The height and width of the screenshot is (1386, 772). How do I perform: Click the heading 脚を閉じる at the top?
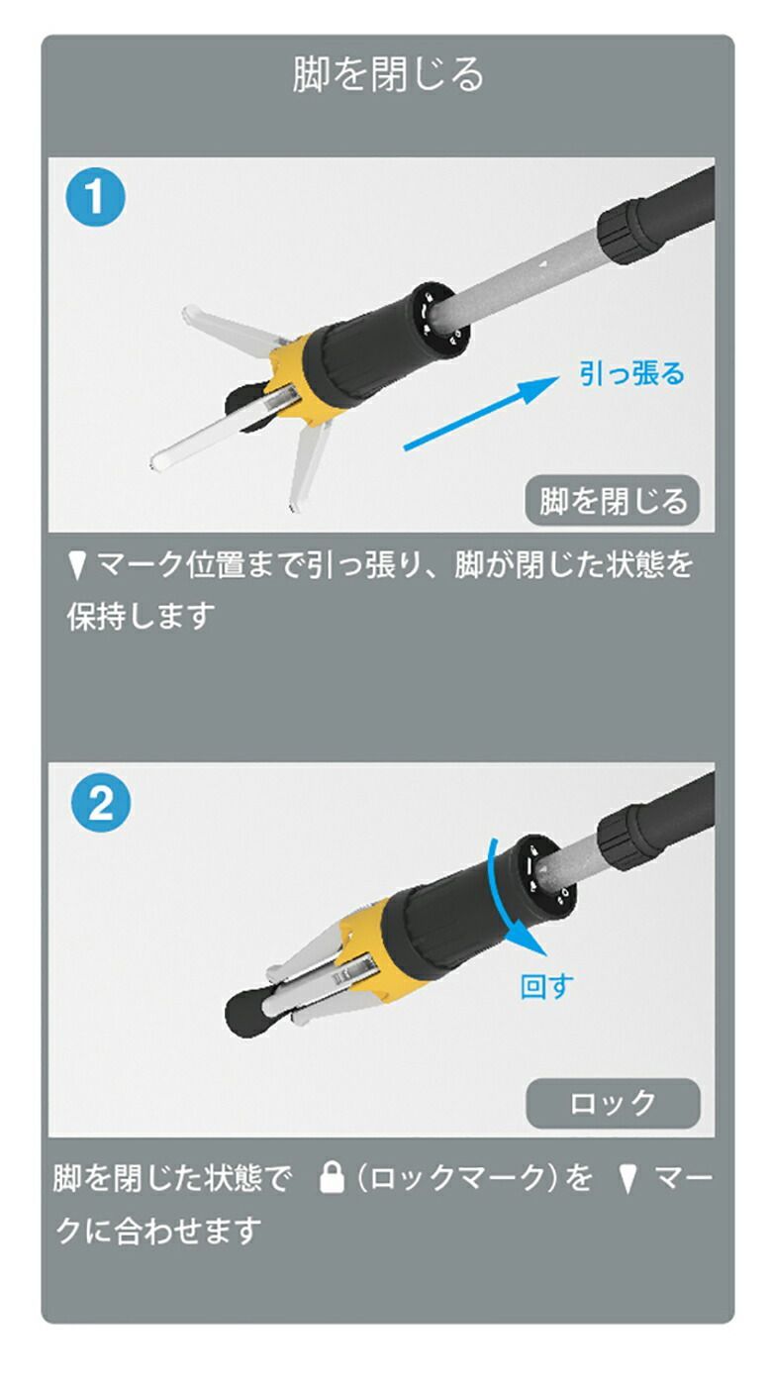(388, 75)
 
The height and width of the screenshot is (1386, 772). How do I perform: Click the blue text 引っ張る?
(631, 373)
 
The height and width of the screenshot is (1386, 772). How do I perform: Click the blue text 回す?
(546, 986)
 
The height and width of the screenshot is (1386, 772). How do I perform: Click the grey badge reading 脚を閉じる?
(612, 501)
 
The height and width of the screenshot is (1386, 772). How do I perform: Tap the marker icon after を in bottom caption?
(627, 1179)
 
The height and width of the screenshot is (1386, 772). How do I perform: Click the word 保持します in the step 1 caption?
(141, 616)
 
